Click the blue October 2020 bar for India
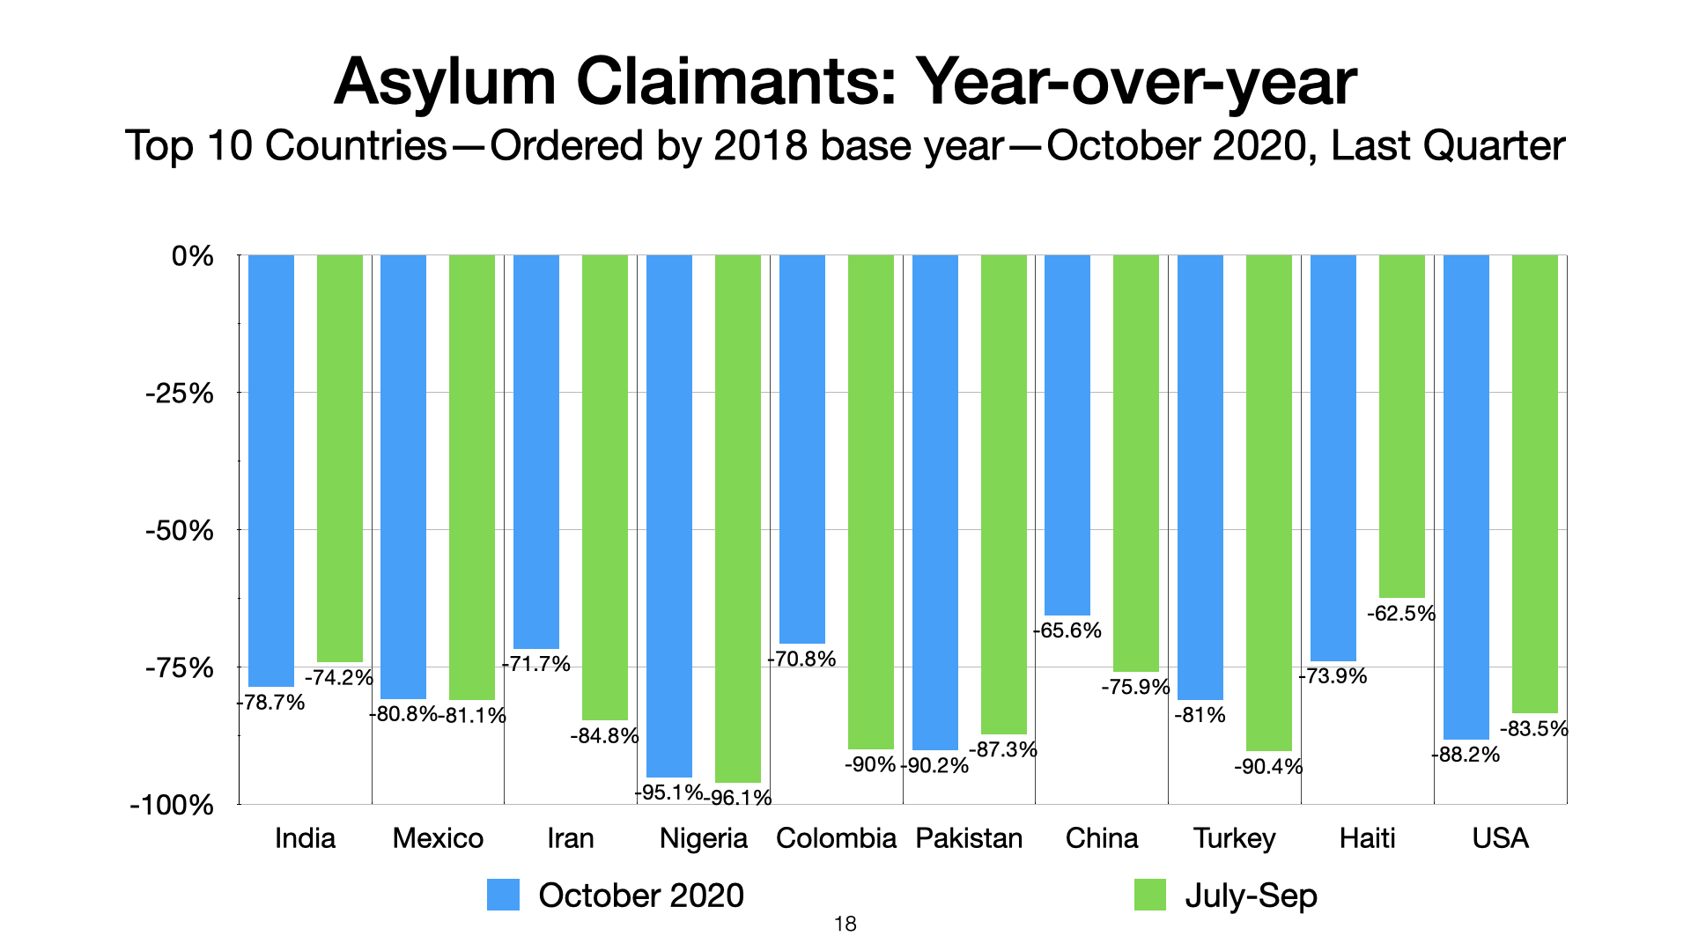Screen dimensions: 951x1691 271,470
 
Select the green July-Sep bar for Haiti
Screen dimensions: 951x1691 1401,426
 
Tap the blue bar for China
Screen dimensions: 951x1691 1067,435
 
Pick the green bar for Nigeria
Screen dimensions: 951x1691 738,519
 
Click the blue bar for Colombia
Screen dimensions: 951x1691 802,449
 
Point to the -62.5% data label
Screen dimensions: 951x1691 1401,614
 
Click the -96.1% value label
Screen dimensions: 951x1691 739,798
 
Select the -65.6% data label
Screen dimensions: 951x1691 1067,630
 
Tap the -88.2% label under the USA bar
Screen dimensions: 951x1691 1466,755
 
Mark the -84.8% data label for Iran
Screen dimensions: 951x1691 604,736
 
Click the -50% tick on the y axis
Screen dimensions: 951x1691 180,531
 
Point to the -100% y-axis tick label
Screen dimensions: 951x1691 173,805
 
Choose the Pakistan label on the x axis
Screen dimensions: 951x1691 969,837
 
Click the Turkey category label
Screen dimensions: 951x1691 1234,837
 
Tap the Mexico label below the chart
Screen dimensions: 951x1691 438,837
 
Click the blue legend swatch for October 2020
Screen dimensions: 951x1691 503,895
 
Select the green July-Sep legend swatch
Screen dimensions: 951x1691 1149,895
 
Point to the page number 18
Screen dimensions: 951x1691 845,924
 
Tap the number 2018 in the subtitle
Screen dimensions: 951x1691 760,146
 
